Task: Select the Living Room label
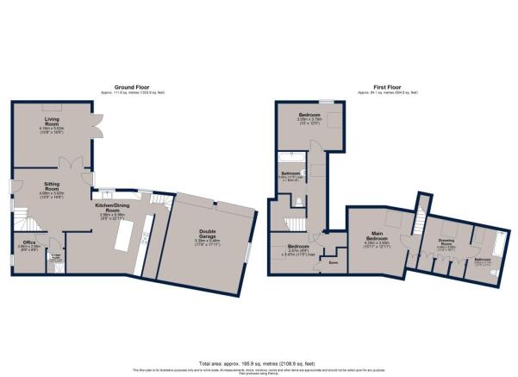point(53,124)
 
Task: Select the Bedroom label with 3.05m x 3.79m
point(309,116)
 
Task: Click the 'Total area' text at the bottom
point(259,364)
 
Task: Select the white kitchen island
point(131,234)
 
